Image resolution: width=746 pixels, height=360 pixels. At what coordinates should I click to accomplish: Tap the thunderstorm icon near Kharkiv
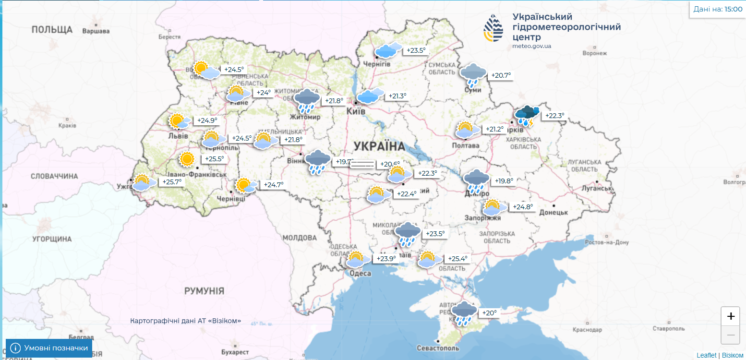pyautogui.click(x=527, y=115)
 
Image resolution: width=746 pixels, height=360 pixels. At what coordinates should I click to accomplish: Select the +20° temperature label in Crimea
pyautogui.click(x=490, y=313)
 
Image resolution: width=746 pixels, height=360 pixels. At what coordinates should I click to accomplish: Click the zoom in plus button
pyautogui.click(x=731, y=316)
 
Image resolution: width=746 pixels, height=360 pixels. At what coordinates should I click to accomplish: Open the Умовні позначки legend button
pyautogui.click(x=49, y=348)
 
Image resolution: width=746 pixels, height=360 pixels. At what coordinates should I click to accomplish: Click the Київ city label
pyautogui.click(x=356, y=111)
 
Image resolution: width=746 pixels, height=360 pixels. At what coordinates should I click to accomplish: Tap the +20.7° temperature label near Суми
pyautogui.click(x=501, y=75)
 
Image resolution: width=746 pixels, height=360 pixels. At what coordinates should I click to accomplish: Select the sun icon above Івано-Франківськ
pyautogui.click(x=187, y=158)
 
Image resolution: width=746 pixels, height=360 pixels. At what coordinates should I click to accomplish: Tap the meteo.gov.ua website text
pyautogui.click(x=531, y=46)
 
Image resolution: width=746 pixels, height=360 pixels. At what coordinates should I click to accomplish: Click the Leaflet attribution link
pyautogui.click(x=706, y=355)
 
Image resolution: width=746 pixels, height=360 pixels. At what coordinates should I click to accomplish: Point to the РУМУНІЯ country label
pyautogui.click(x=204, y=291)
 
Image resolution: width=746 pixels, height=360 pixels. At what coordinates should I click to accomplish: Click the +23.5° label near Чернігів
pyautogui.click(x=416, y=50)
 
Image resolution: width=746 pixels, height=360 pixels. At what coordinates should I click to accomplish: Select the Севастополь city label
pyautogui.click(x=438, y=348)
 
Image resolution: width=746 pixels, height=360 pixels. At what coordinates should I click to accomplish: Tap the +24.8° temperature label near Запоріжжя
pyautogui.click(x=523, y=207)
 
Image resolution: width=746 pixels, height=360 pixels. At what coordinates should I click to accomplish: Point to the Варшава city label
pyautogui.click(x=96, y=31)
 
